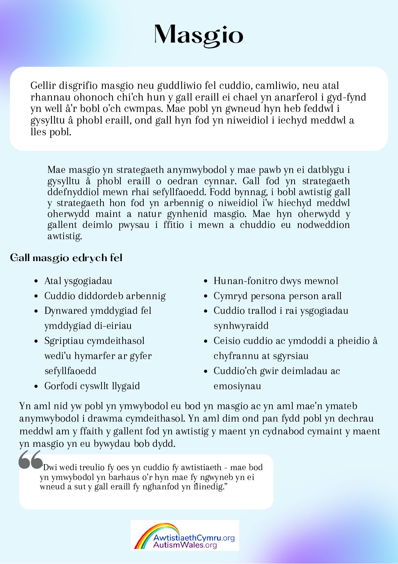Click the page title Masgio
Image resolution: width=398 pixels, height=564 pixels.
[x=199, y=35]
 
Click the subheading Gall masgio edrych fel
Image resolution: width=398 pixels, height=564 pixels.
[x=66, y=258]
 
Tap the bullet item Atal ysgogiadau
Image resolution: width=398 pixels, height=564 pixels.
[x=78, y=281]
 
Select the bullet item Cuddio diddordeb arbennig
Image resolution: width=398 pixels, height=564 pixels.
[x=105, y=296]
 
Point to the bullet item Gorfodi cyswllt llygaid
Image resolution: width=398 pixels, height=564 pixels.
[x=92, y=386]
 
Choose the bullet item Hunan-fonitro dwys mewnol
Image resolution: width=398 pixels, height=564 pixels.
[x=276, y=281]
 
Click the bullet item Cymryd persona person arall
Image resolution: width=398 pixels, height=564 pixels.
[x=278, y=296]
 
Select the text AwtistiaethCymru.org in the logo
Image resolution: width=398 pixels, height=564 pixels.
[x=194, y=538]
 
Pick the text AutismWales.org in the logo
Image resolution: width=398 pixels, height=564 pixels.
[x=185, y=545]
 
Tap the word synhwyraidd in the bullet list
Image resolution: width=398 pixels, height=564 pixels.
[x=241, y=326]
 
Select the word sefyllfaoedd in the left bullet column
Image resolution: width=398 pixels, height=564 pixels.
[x=70, y=371]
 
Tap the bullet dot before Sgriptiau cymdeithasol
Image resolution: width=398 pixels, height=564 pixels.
[x=36, y=341]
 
